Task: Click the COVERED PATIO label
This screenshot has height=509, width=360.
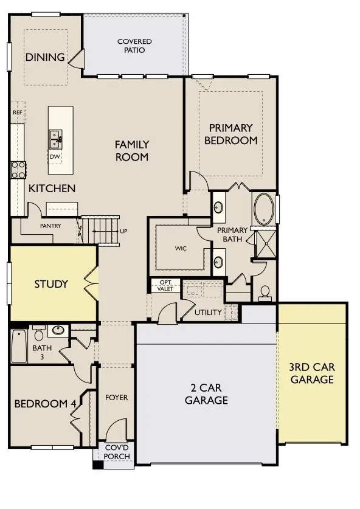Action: pos(134,46)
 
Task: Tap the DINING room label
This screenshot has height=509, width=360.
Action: pos(45,58)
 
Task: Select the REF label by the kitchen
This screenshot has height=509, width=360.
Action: pos(17,113)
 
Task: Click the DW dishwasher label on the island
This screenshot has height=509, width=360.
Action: pos(55,156)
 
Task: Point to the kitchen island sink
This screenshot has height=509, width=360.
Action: pos(55,139)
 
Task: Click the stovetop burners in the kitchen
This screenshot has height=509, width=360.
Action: pos(18,169)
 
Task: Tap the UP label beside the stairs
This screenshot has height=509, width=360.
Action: pos(124,232)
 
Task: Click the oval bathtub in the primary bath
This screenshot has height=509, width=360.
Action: pos(263,209)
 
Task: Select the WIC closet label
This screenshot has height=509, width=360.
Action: pos(180,248)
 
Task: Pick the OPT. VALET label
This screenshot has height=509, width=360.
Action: pos(165,285)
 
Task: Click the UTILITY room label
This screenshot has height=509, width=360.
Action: pos(208,313)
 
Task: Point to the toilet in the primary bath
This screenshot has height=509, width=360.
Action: pos(265,293)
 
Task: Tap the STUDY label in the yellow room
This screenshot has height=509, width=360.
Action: pos(51,284)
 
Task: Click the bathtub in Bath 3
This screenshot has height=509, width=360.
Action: pos(18,345)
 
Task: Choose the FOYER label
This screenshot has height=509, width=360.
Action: pos(116,398)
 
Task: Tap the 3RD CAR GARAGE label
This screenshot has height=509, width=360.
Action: pos(312,373)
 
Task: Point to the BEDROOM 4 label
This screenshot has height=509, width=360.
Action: pos(46,404)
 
